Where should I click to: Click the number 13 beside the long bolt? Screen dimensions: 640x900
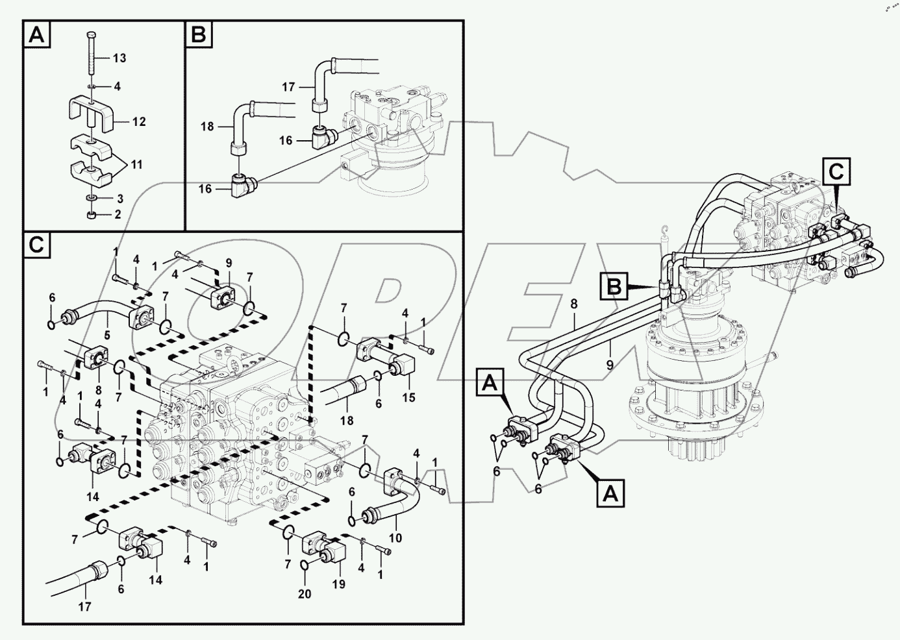click(119, 58)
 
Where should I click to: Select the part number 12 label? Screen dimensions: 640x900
click(139, 122)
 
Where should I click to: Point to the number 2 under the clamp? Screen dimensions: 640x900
click(118, 214)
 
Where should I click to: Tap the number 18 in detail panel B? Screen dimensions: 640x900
click(206, 127)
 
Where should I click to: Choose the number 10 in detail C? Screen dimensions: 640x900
click(395, 537)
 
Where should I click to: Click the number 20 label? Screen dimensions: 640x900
click(305, 594)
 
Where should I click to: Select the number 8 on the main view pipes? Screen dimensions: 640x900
click(573, 303)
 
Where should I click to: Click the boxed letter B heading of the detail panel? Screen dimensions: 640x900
click(199, 34)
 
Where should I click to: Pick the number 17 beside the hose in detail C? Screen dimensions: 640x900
click(84, 607)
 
